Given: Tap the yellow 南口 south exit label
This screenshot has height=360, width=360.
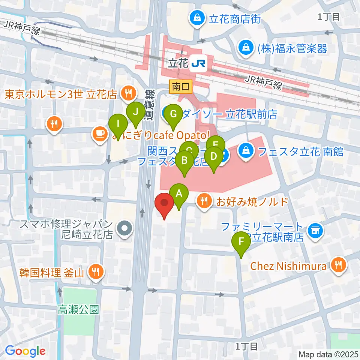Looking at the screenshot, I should coord(181,87).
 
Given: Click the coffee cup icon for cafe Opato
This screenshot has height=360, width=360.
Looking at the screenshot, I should coord(99,133).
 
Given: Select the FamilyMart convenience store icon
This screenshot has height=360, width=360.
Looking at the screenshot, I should coord(315,230).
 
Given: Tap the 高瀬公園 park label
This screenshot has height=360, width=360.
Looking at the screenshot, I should coord(78,309).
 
